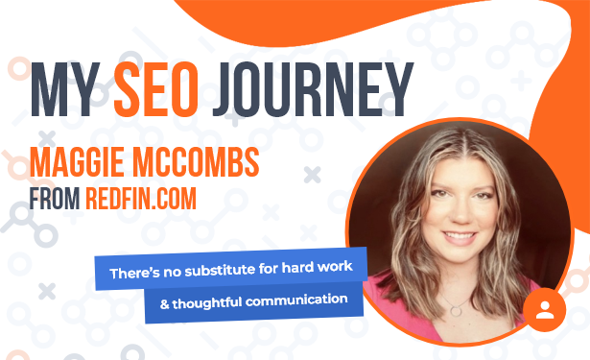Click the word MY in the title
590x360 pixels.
click(x=65, y=89)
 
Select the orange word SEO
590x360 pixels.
click(x=156, y=89)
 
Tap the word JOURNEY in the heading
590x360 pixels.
click(x=313, y=89)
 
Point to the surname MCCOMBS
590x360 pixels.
click(x=196, y=162)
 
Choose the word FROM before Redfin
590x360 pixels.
click(x=55, y=198)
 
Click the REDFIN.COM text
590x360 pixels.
click(x=141, y=198)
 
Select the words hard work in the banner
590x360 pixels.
click(x=317, y=267)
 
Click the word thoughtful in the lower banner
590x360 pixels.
click(x=207, y=302)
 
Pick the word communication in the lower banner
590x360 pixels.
click(x=296, y=300)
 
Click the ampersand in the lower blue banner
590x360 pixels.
click(x=164, y=304)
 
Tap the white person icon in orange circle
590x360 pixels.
click(x=545, y=310)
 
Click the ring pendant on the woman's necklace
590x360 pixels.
click(x=456, y=311)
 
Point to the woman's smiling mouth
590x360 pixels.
click(x=460, y=237)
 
